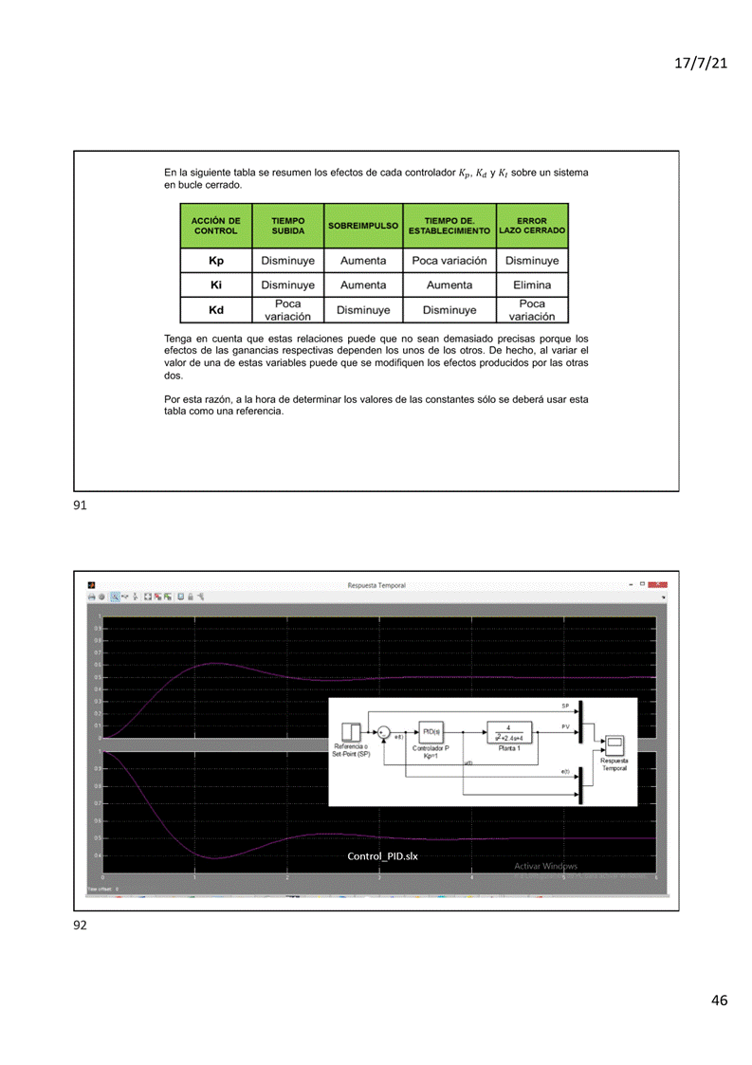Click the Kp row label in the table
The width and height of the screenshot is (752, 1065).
(x=215, y=261)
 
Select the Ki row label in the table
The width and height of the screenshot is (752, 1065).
(x=215, y=285)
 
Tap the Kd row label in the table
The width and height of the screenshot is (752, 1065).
(x=215, y=309)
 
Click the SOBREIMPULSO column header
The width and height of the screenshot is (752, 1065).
(x=363, y=227)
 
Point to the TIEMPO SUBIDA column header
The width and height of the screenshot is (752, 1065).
(x=287, y=227)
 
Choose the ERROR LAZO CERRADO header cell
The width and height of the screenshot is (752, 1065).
(x=532, y=227)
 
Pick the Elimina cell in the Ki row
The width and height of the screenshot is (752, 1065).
(x=532, y=285)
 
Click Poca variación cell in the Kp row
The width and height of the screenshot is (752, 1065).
(x=449, y=261)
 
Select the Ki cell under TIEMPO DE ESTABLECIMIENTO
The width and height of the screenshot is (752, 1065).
(x=449, y=285)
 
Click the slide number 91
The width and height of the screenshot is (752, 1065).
(x=80, y=506)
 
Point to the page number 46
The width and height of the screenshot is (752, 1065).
(x=719, y=1001)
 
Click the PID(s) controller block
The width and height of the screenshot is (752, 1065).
(x=431, y=732)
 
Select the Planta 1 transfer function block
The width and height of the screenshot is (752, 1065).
(x=509, y=731)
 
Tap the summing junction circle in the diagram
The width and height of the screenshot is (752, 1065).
(x=383, y=732)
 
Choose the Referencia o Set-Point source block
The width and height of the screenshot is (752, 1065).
(x=350, y=731)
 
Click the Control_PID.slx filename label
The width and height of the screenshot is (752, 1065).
(x=382, y=855)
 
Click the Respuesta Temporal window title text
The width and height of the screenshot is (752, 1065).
(x=377, y=585)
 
